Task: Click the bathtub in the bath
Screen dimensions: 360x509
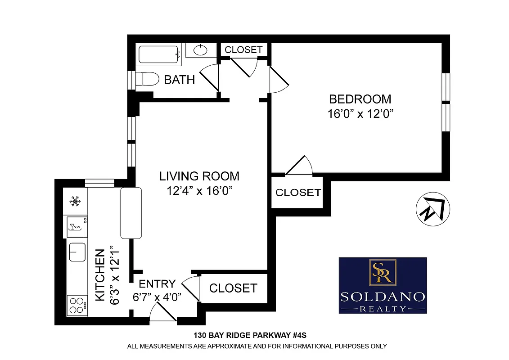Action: pos(159,54)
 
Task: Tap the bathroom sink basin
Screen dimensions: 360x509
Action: pos(201,49)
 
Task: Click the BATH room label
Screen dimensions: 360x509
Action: pos(179,80)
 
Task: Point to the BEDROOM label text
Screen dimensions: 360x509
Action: pos(360,99)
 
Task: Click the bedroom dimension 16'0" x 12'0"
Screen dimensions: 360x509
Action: pos(360,113)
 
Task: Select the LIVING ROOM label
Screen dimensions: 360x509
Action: pos(200,176)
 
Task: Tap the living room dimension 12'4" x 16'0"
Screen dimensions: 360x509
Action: pos(200,191)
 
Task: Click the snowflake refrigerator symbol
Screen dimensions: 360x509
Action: pos(75,201)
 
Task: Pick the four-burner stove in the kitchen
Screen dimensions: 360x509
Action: pos(77,305)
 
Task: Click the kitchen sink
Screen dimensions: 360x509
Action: pos(77,252)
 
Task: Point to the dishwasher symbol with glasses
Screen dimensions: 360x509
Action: pos(77,225)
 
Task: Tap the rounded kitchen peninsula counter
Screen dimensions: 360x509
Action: pos(131,213)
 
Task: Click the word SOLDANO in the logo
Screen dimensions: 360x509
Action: pos(382,297)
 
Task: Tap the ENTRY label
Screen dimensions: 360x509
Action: pos(157,284)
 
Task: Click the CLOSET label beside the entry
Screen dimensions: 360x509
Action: pos(233,288)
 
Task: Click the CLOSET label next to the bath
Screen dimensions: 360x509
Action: pos(243,49)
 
